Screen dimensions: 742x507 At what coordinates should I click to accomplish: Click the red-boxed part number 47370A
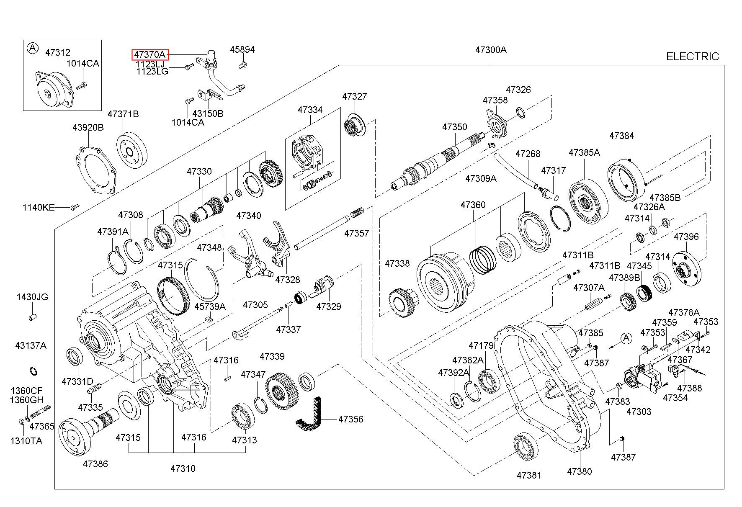pos(150,54)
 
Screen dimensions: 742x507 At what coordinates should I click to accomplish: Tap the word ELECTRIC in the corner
pos(693,57)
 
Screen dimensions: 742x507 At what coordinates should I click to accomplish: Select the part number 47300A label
pos(491,50)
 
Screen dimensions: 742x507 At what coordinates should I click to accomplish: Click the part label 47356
pos(351,419)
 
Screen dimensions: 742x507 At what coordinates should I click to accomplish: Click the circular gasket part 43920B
pos(96,169)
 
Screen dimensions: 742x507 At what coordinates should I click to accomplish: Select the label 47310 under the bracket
pos(183,468)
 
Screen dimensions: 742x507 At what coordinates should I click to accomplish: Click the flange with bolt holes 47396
pos(687,270)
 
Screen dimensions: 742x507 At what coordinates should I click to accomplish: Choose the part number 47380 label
pos(580,471)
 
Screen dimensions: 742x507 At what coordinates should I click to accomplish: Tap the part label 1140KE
pos(39,207)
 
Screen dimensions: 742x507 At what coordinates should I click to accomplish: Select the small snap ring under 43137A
pos(33,371)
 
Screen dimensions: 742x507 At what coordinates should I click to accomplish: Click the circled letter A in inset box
pos(32,48)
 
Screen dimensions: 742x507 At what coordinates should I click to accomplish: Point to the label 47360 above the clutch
pos(473,205)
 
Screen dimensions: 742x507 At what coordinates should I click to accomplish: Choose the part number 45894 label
pos(242,49)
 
